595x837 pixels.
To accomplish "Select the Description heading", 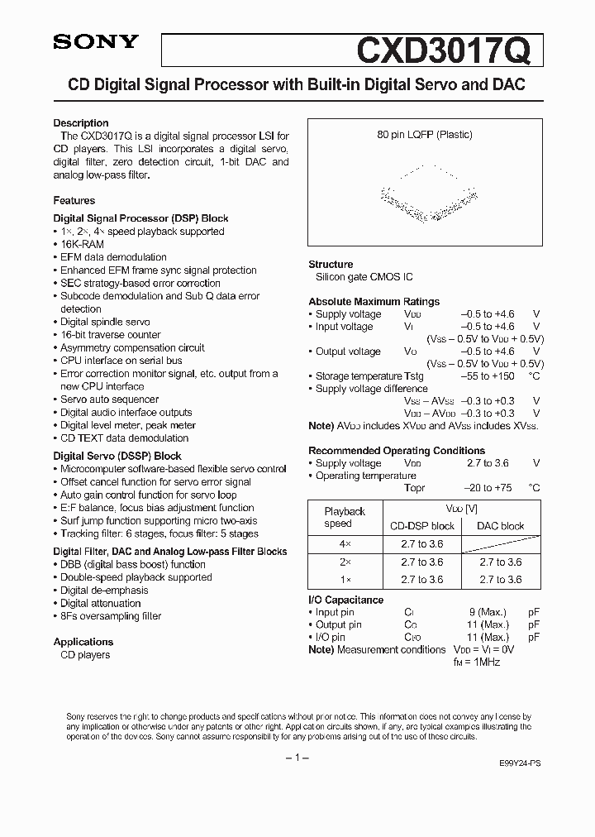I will pyautogui.click(x=81, y=123).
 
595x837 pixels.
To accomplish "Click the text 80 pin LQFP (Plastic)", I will pyautogui.click(x=424, y=134).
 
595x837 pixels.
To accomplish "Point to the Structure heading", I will pyautogui.click(x=331, y=265).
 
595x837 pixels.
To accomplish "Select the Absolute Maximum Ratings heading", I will pyautogui.click(x=374, y=302).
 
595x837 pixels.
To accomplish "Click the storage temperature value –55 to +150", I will pyautogui.click(x=488, y=376).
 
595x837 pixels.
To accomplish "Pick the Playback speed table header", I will pyautogui.click(x=345, y=518).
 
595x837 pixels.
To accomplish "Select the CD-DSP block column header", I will pyautogui.click(x=421, y=526).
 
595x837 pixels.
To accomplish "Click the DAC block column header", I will pyautogui.click(x=501, y=526).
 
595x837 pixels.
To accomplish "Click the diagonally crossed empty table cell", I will pyautogui.click(x=501, y=544).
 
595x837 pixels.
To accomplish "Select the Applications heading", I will pyautogui.click(x=83, y=642).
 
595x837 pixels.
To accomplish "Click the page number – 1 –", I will pyautogui.click(x=297, y=758).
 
